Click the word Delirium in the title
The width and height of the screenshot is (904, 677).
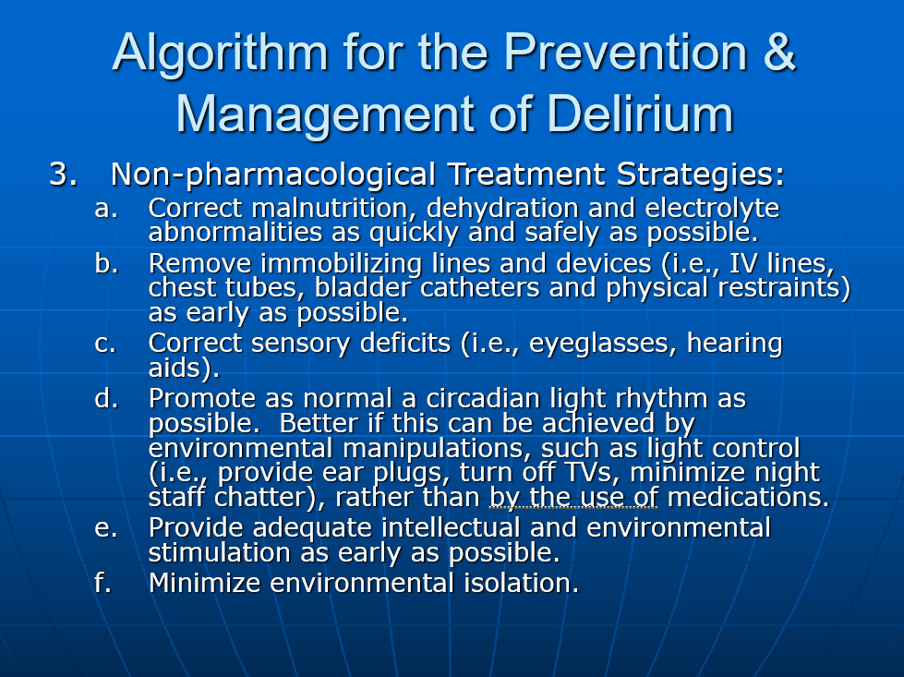click(640, 113)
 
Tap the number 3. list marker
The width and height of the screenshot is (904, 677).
click(63, 175)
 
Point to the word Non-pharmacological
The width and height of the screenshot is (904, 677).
click(273, 175)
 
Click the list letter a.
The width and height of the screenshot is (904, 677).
click(106, 209)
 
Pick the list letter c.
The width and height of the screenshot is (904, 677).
click(105, 344)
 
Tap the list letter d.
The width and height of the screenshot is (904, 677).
click(107, 397)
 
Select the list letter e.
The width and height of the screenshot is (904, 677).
click(105, 528)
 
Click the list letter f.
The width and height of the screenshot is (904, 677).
click(102, 582)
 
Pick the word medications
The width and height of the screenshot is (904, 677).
click(748, 497)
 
